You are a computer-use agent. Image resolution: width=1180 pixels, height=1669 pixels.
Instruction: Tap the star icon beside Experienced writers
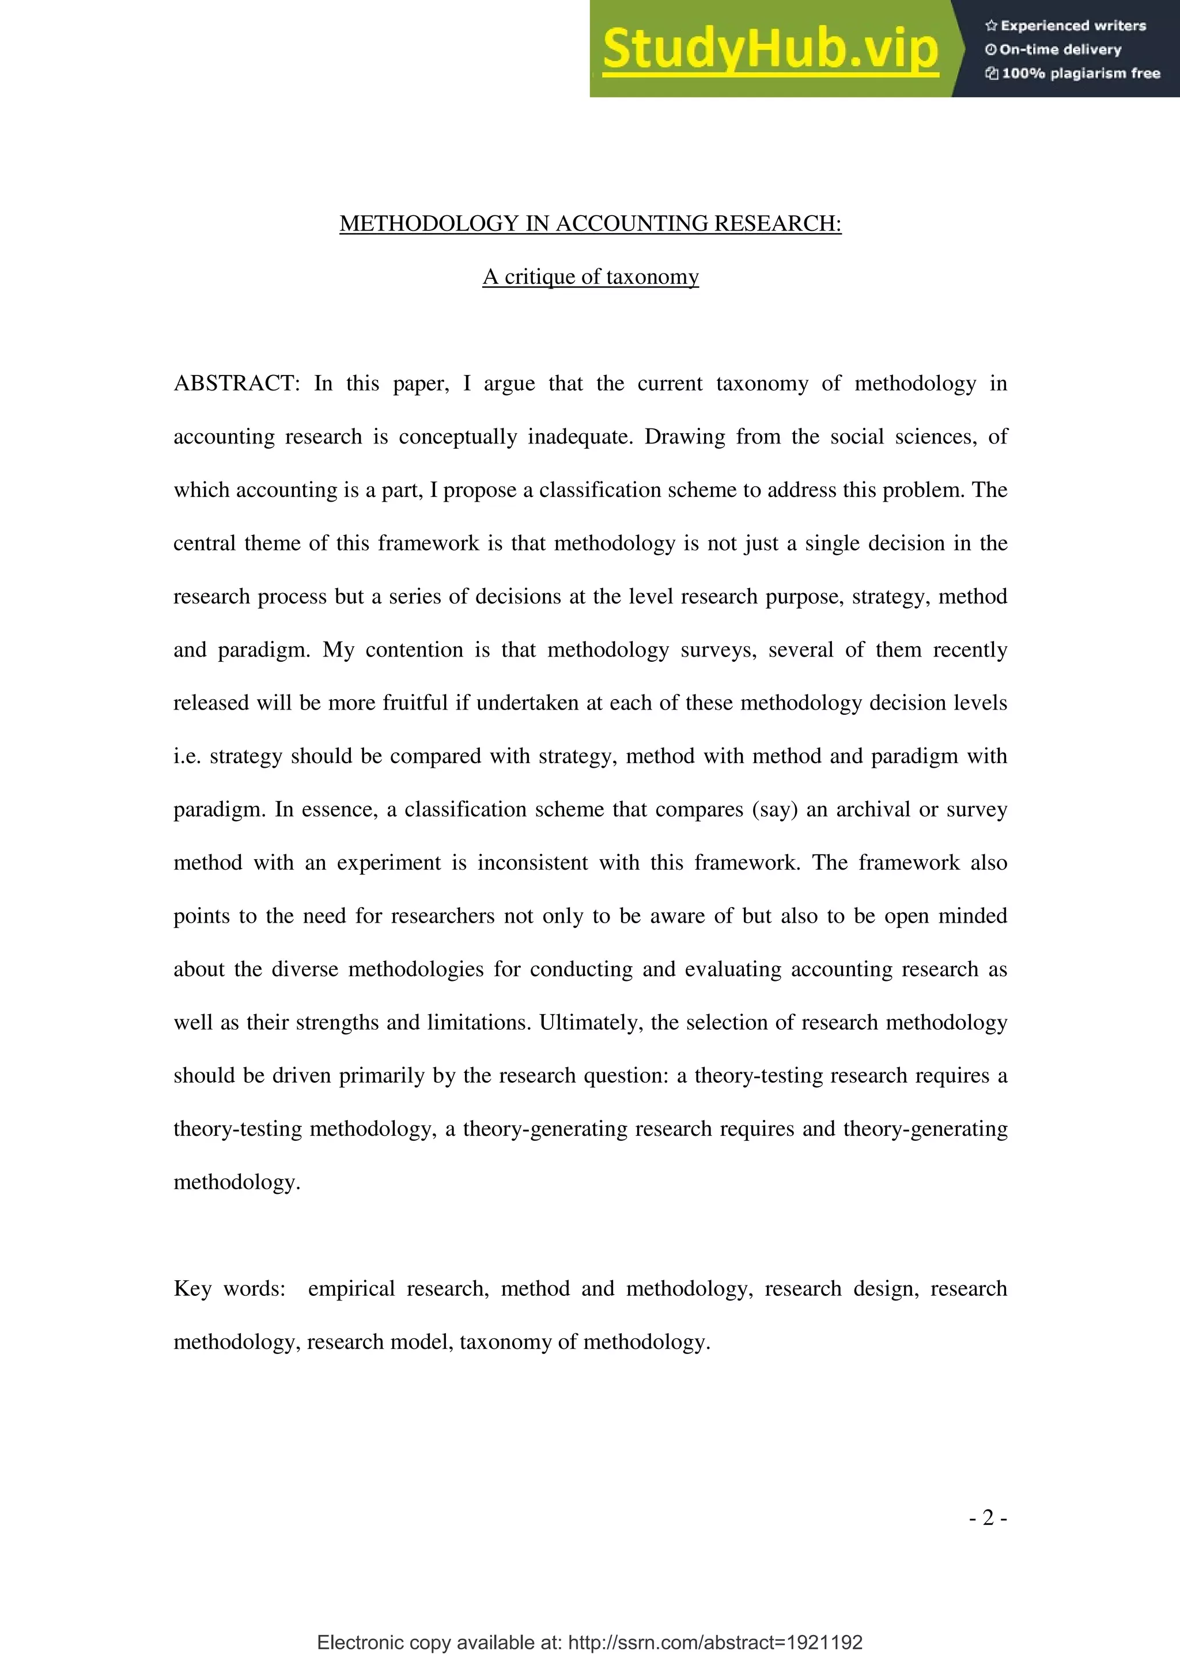(x=990, y=26)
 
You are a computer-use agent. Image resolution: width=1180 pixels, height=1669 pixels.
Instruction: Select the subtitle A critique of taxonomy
(x=591, y=277)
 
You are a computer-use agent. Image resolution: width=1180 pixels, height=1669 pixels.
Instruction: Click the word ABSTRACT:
(x=237, y=384)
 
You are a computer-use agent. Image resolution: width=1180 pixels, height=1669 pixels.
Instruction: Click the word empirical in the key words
(x=351, y=1289)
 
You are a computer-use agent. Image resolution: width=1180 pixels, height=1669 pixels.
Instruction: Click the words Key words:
(x=229, y=1289)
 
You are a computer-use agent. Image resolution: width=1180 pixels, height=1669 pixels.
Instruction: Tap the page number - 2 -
(x=988, y=1518)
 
